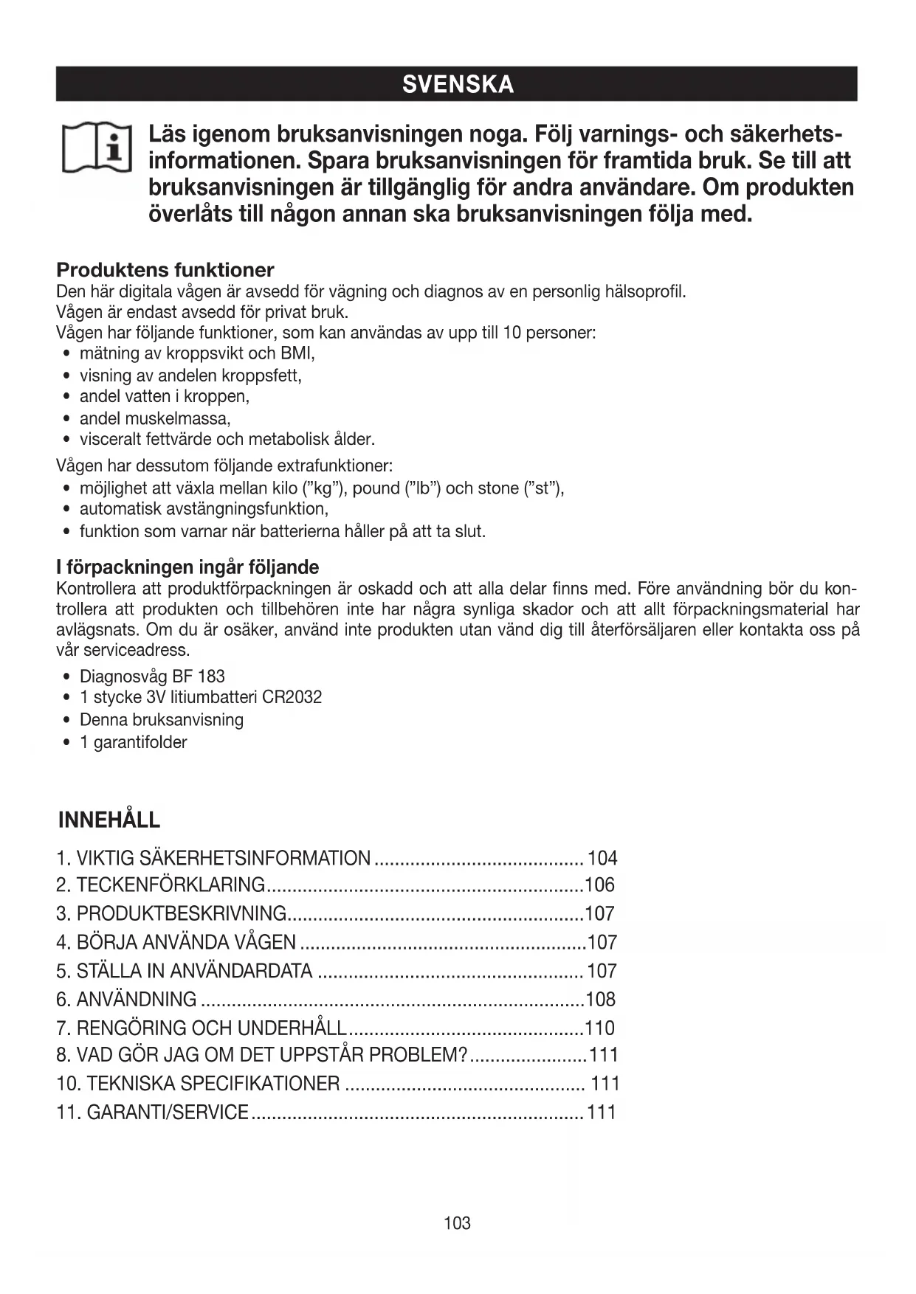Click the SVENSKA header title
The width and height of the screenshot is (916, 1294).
(458, 85)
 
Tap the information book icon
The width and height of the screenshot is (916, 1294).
(97, 148)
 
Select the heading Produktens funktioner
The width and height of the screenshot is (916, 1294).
(165, 270)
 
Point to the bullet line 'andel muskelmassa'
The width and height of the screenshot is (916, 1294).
(155, 419)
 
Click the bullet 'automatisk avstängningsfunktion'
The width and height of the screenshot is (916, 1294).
(204, 509)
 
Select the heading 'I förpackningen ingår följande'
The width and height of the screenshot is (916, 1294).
(187, 567)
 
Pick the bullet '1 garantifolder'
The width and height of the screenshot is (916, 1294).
(133, 742)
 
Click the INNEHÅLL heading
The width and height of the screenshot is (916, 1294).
(109, 820)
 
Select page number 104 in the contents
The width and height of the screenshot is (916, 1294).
(602, 859)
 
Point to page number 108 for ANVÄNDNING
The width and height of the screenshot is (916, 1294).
(600, 1000)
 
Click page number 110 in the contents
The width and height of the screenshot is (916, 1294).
(599, 1028)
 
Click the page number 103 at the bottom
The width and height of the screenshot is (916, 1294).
(458, 1223)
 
